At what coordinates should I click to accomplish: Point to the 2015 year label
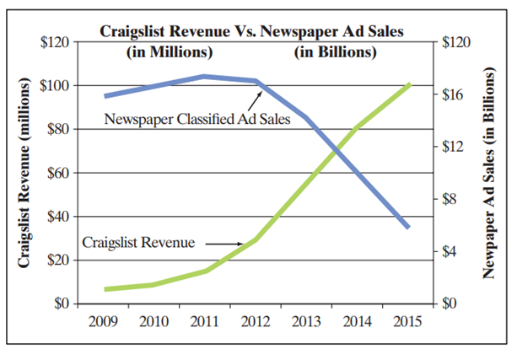coord(409,321)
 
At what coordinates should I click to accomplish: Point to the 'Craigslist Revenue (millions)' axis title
coord(25,174)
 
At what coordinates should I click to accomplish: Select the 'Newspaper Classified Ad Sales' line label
coord(198,119)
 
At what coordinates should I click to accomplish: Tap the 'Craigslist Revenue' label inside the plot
coord(138,243)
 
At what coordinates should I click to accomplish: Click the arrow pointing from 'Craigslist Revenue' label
coord(218,244)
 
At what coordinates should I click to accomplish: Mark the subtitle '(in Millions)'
coord(169,52)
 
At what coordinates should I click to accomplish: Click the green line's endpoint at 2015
coord(409,84)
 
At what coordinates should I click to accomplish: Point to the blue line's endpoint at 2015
coord(409,227)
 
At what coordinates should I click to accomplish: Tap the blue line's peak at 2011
coord(203,77)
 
